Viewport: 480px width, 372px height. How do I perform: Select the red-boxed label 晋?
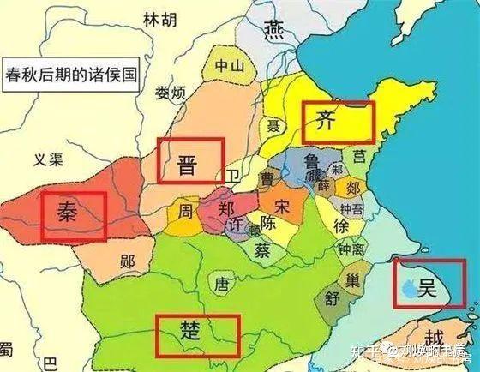189,160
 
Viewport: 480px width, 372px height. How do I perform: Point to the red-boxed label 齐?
338,122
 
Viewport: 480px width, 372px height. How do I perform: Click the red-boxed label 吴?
425,285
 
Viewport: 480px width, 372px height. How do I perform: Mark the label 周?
185,210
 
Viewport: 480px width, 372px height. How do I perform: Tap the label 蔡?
265,249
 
